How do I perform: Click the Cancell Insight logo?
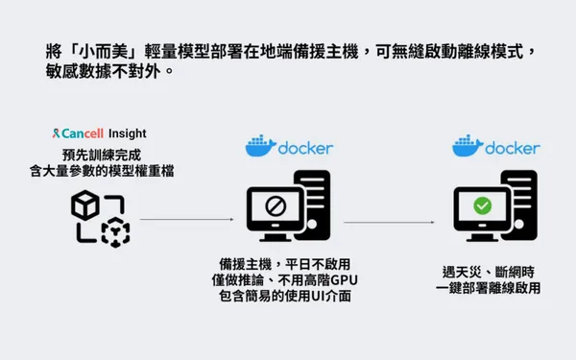(x=100, y=133)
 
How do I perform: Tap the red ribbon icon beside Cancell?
(x=60, y=133)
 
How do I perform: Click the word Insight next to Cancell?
(x=127, y=133)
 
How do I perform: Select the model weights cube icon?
(x=99, y=218)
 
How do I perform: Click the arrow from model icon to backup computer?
(x=187, y=219)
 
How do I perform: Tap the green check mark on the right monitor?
(x=483, y=205)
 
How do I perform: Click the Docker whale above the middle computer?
(x=259, y=147)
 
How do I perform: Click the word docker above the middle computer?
(x=305, y=148)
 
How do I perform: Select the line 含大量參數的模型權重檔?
(x=100, y=171)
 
